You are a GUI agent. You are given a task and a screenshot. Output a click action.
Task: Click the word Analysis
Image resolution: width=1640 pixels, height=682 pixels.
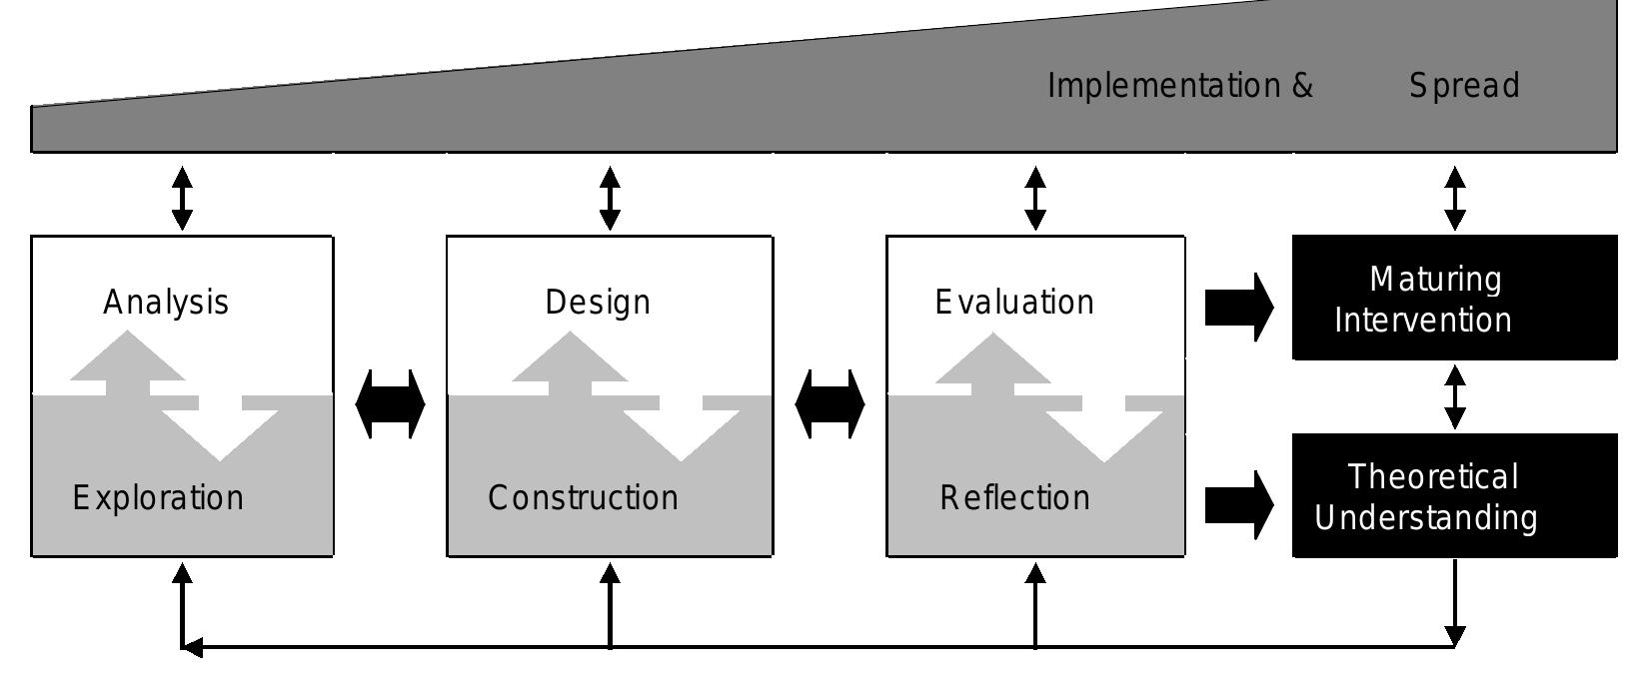[166, 302]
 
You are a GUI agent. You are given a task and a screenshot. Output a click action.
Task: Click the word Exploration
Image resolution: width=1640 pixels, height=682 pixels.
[158, 497]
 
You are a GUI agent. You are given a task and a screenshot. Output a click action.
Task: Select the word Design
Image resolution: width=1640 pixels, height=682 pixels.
[598, 302]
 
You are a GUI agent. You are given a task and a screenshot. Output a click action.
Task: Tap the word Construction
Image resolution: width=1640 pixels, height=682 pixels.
[583, 497]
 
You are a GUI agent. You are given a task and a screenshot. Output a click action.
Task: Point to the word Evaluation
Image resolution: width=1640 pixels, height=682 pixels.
[1014, 302]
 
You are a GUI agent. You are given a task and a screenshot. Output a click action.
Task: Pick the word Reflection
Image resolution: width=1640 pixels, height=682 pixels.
[1014, 497]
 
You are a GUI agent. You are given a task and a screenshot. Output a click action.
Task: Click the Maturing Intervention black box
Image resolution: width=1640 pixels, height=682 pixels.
[1454, 298]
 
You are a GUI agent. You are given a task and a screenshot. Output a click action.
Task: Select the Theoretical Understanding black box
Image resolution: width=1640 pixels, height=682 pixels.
[1454, 496]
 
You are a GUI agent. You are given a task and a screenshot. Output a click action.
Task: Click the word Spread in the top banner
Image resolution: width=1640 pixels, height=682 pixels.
[1464, 86]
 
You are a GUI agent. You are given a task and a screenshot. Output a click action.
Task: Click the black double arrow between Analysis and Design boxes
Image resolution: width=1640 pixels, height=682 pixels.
[390, 404]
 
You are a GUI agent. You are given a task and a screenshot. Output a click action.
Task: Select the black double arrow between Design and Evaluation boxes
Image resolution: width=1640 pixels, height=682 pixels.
[829, 404]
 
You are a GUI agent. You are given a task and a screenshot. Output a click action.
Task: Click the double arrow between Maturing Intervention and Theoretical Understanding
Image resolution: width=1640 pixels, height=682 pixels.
[1455, 396]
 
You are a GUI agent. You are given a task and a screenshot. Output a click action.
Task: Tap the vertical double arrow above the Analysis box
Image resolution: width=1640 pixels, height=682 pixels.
[182, 198]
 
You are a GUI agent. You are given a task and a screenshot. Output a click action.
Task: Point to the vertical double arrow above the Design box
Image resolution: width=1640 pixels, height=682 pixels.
[610, 198]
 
